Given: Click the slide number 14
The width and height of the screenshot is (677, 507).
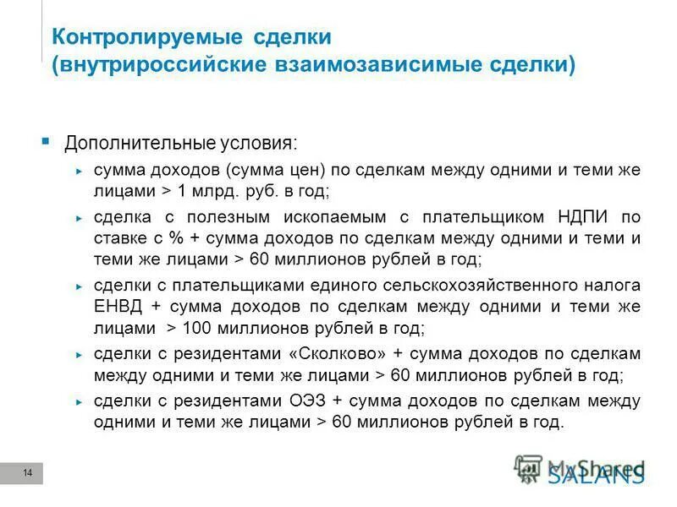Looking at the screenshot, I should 27,472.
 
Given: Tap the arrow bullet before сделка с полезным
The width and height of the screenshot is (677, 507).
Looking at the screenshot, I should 79,217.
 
